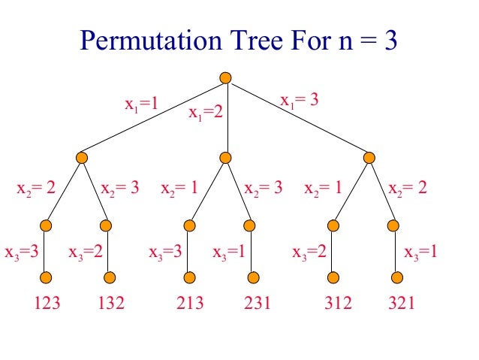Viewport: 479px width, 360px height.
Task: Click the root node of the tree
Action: (226, 77)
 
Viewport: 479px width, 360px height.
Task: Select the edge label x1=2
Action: (206, 113)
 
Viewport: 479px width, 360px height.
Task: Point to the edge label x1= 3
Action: (300, 100)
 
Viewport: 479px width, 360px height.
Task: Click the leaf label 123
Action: (47, 304)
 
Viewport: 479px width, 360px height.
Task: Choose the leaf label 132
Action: (111, 304)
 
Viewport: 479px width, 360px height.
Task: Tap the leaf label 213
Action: (190, 304)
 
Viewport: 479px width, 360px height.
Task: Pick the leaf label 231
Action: (255, 304)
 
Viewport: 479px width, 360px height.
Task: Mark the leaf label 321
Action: (400, 304)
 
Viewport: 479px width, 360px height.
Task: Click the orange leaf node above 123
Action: (46, 277)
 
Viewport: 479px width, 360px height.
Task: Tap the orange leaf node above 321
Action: (398, 277)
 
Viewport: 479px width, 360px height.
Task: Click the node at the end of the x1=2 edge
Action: (226, 158)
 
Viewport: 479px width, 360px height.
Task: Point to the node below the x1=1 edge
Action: (82, 158)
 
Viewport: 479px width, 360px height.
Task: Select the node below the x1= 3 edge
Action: (369, 158)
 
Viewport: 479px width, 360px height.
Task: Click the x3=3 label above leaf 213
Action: (166, 253)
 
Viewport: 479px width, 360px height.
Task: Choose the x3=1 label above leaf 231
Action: (230, 253)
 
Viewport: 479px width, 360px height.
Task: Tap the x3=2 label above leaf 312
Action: (309, 253)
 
